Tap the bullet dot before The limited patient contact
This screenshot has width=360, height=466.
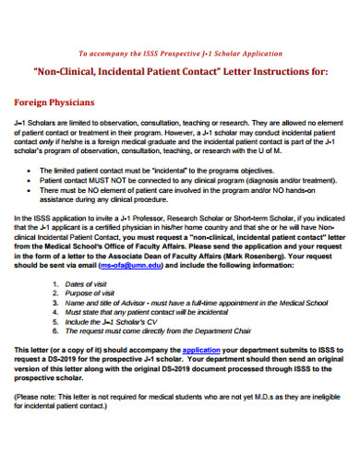[x=34, y=172]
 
